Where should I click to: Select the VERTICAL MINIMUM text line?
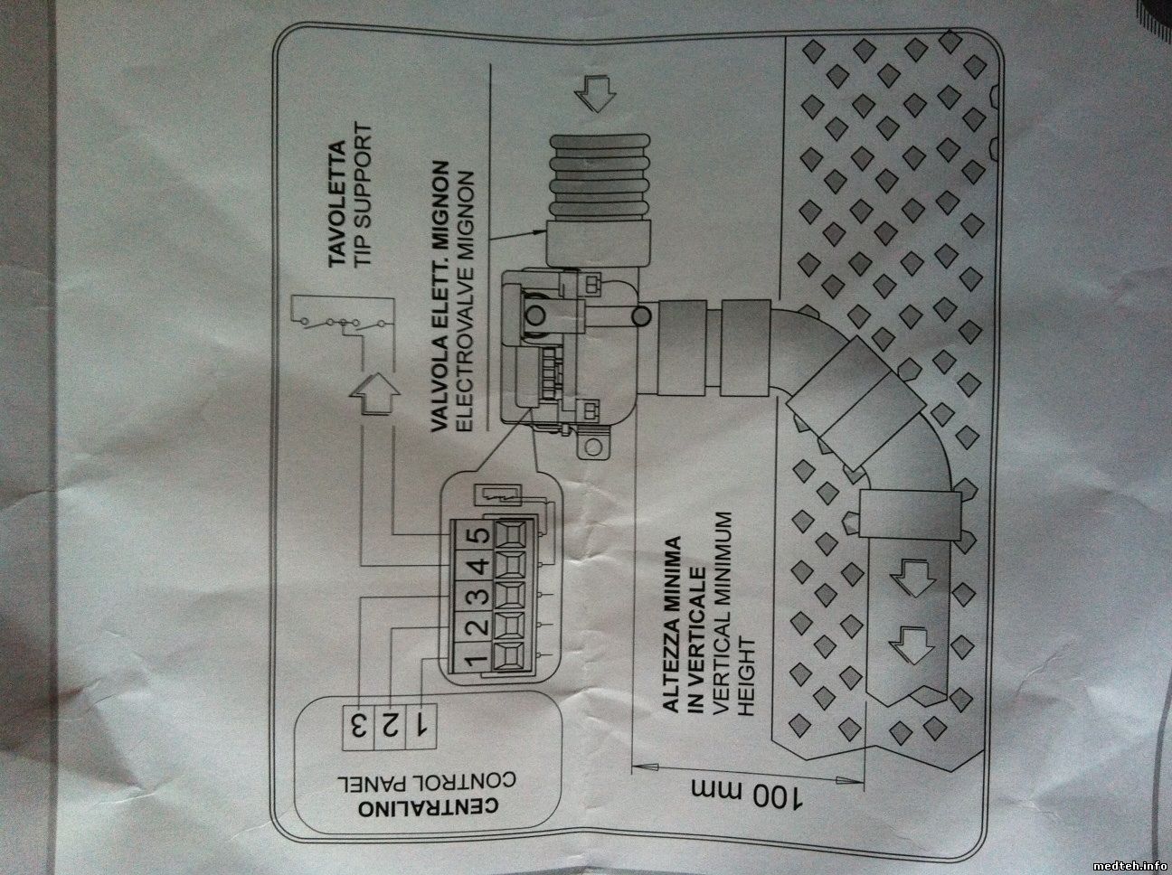[x=721, y=616]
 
